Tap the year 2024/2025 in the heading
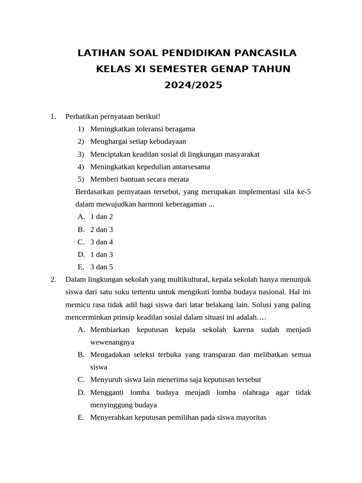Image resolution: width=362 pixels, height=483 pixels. click(193, 85)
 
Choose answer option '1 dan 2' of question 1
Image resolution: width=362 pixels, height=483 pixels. click(101, 217)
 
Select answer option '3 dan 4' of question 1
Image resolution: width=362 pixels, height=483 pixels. click(101, 242)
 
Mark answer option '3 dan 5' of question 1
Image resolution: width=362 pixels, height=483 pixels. click(101, 267)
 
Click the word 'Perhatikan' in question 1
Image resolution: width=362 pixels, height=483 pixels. click(81, 116)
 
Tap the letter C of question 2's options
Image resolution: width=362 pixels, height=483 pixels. click(81, 380)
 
